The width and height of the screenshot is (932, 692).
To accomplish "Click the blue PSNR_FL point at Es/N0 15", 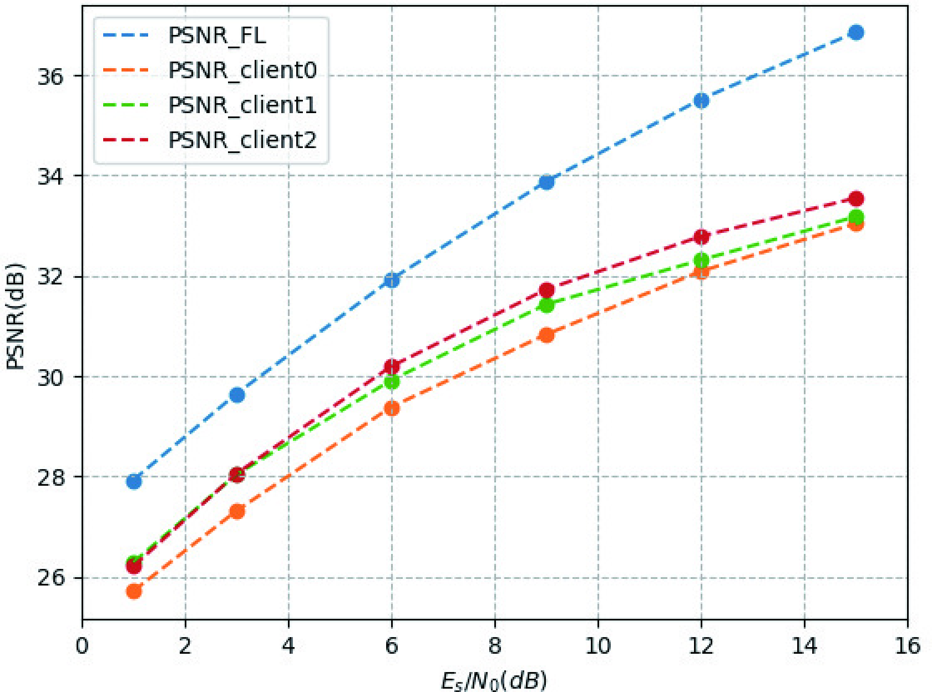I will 855,33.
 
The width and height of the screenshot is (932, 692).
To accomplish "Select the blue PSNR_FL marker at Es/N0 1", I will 134,481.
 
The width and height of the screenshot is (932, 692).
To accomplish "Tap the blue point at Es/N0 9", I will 546,182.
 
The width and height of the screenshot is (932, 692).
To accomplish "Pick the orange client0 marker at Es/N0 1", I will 134,591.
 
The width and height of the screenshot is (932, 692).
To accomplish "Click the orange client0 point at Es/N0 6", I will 392,408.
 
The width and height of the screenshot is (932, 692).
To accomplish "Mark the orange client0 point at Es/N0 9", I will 546,335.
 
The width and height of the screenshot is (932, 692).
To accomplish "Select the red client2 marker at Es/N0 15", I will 855,199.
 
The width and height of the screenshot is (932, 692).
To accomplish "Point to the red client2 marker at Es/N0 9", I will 546,290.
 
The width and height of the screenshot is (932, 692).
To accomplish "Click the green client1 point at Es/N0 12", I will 701,260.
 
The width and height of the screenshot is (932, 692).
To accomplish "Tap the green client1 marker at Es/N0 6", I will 392,381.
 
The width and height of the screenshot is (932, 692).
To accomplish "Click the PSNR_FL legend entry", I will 217,35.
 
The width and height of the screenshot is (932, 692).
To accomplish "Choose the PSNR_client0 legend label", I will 242,70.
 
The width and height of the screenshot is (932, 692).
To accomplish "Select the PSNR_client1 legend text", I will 242,105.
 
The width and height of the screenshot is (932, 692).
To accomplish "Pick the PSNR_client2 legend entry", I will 242,140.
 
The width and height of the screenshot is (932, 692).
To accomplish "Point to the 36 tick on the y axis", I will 51,77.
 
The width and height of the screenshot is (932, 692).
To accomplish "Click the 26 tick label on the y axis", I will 51,578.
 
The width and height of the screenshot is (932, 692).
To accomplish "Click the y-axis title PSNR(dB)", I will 16,316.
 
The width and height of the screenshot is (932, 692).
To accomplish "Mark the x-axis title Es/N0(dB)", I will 494,680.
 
